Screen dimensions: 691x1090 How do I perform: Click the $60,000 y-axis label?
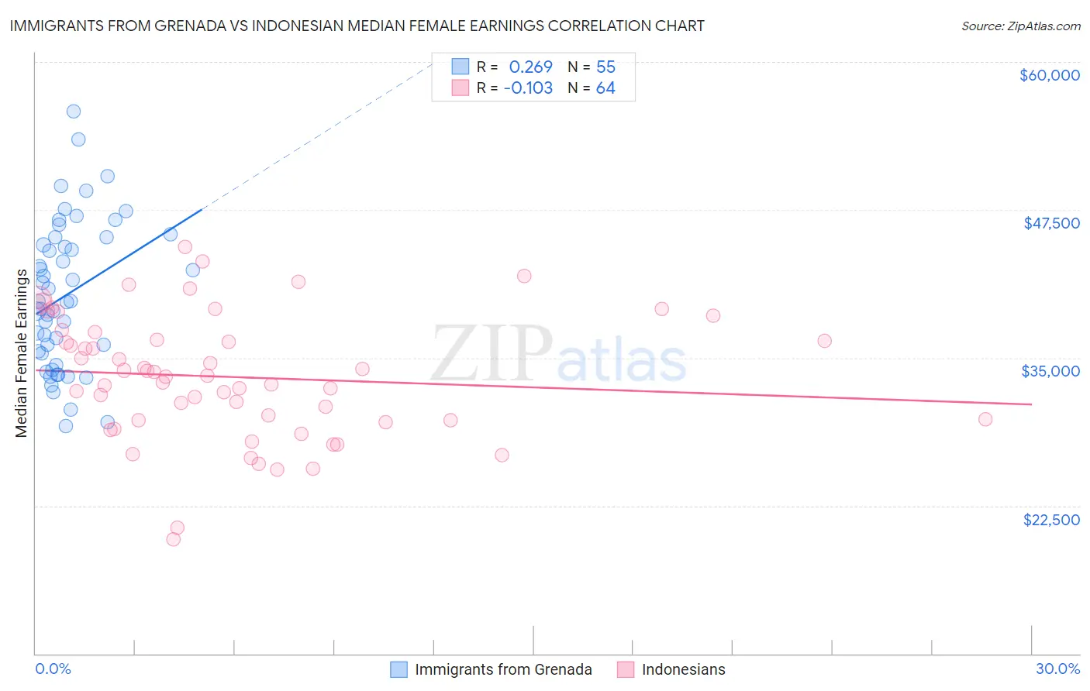(1049, 75)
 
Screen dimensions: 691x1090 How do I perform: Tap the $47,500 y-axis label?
(1051, 223)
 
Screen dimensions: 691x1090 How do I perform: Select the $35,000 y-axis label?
(1050, 371)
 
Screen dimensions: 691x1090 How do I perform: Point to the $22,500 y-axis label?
(1051, 520)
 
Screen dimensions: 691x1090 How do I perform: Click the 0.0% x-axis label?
(53, 669)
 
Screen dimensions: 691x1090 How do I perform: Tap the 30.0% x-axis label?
(1057, 669)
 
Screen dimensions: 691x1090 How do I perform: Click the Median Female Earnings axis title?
(22, 353)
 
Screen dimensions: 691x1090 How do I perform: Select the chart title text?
(357, 26)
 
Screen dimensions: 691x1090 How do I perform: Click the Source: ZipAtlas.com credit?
(1020, 26)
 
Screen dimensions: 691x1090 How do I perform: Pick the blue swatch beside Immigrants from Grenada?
(398, 669)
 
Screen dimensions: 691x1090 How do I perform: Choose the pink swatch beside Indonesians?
(626, 669)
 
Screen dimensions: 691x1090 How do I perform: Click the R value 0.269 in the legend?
(530, 67)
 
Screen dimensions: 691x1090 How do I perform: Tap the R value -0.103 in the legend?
(528, 88)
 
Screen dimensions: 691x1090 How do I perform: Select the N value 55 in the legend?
(605, 67)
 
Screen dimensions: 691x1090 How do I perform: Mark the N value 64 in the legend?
(605, 88)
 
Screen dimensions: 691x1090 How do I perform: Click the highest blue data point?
(74, 112)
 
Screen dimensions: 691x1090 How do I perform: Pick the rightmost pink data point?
(985, 419)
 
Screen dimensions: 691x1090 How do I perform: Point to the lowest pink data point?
(174, 539)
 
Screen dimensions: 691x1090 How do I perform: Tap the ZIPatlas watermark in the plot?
(558, 355)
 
